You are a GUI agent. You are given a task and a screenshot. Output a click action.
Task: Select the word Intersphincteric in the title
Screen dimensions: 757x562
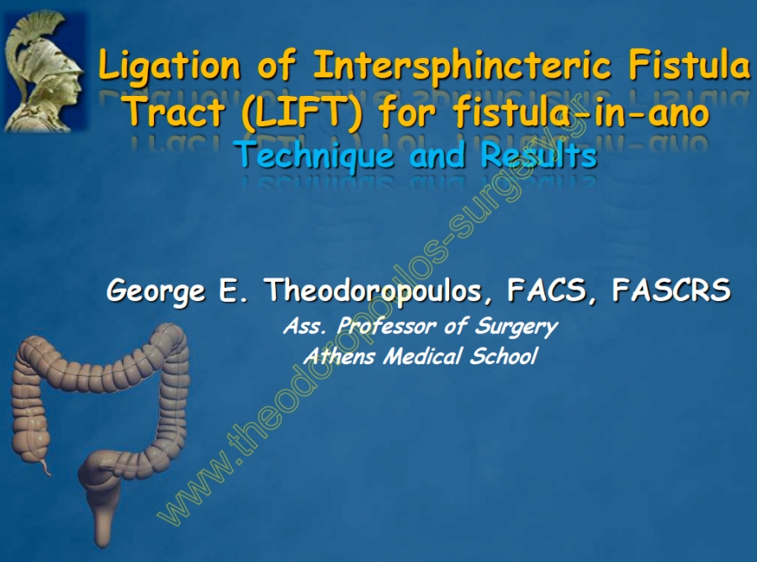pos(462,64)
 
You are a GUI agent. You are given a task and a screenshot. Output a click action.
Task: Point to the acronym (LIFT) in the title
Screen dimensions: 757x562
pos(302,113)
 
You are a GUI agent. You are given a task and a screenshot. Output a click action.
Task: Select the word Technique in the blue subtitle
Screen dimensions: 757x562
pos(315,155)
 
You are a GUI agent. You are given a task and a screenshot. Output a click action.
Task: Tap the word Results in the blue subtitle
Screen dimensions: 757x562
pos(539,155)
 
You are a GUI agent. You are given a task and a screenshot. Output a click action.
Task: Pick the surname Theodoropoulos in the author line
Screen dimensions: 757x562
pos(373,290)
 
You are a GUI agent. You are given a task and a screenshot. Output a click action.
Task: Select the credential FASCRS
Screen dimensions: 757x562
pos(671,289)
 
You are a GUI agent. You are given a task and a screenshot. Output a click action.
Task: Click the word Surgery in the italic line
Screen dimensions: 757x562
pos(516,327)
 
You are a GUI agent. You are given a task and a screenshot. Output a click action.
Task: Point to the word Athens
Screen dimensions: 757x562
pos(340,357)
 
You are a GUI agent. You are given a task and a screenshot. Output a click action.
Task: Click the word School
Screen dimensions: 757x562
pos(504,356)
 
